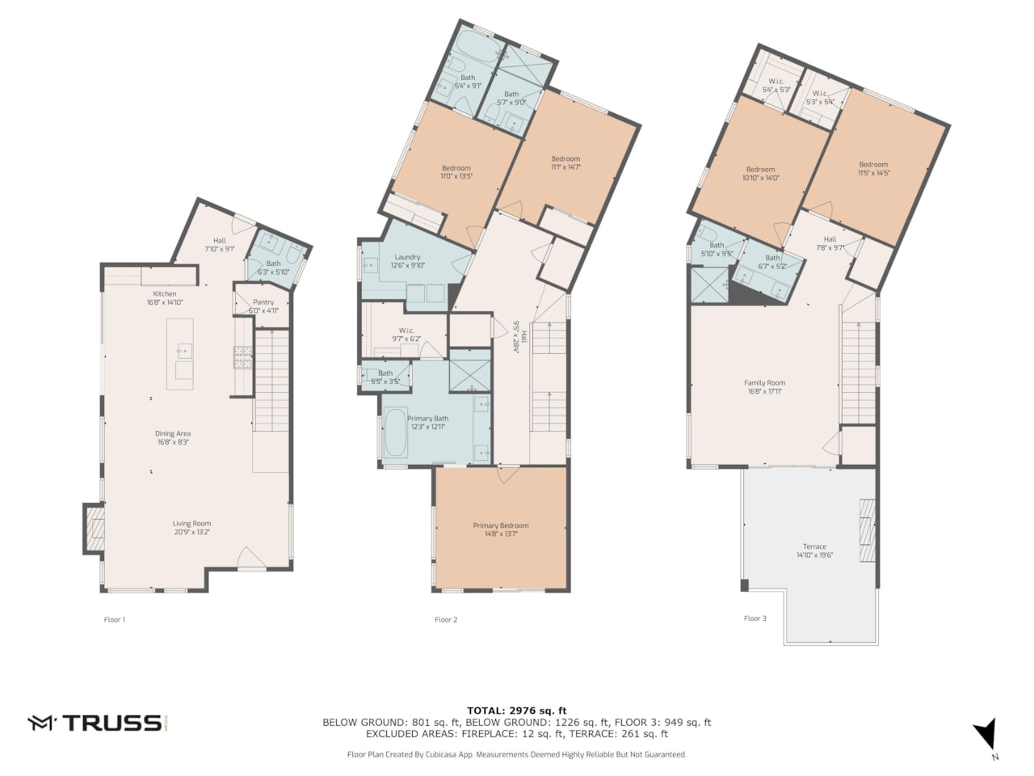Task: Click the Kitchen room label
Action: click(x=165, y=294)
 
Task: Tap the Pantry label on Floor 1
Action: click(x=263, y=302)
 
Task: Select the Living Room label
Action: click(x=191, y=524)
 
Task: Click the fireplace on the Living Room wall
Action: click(x=95, y=529)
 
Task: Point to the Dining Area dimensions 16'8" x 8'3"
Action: click(x=172, y=443)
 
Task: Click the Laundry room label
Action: click(x=408, y=257)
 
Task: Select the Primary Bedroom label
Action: click(x=501, y=526)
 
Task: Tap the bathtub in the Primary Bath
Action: click(x=395, y=433)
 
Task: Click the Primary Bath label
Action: click(x=427, y=419)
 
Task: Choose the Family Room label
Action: click(x=764, y=383)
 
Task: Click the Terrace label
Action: click(x=814, y=546)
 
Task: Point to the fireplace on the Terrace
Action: click(x=867, y=529)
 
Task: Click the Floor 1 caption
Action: click(x=115, y=620)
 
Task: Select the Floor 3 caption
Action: click(x=755, y=618)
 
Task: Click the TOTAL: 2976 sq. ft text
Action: click(x=516, y=711)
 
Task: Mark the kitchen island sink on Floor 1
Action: click(x=184, y=351)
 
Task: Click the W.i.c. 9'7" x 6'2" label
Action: click(x=406, y=331)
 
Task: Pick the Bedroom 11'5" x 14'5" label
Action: click(x=873, y=165)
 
